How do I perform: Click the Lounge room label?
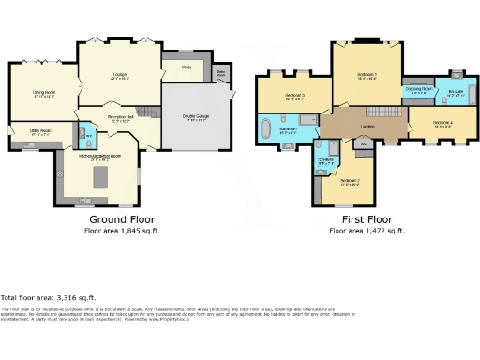(x=120, y=78)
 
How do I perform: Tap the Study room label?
(x=187, y=67)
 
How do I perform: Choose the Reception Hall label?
(x=120, y=118)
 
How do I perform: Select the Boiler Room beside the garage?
(x=222, y=73)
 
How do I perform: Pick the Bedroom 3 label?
(x=292, y=95)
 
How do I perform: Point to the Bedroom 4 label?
(x=443, y=124)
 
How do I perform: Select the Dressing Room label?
(x=418, y=90)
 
